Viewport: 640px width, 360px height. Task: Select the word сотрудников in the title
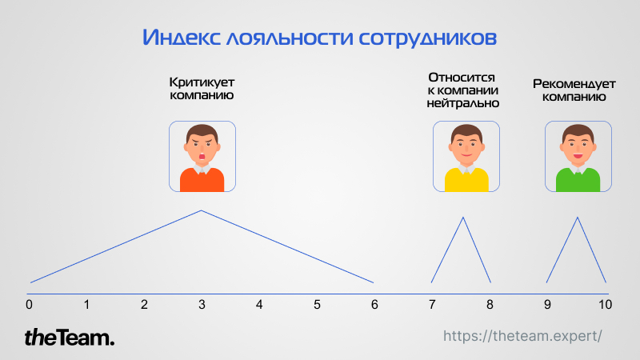428,38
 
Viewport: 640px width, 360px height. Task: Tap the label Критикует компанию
202,89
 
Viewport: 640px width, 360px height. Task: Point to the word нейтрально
463,103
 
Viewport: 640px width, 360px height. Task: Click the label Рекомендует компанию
574,90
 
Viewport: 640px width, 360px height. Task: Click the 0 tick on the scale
29,305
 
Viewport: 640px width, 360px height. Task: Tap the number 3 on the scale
202,305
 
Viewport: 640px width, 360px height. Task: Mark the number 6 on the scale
374,305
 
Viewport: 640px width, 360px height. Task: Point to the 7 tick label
432,305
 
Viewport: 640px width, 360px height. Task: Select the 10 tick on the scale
605,305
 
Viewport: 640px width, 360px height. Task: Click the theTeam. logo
70,338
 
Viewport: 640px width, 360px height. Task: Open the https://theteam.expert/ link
522,336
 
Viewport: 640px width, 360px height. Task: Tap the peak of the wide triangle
202,210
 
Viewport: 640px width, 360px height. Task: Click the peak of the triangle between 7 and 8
463,218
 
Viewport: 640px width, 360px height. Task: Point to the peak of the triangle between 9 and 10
577,218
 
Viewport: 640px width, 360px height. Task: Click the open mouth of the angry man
202,156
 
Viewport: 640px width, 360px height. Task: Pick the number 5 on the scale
317,305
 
